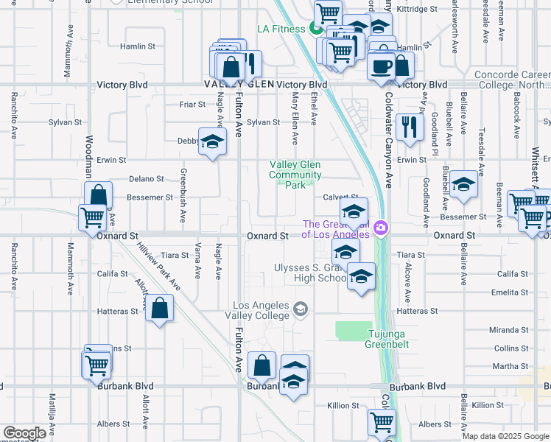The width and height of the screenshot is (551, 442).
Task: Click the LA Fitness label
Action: pyautogui.click(x=281, y=29)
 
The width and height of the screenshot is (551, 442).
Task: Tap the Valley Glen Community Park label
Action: pyautogui.click(x=295, y=175)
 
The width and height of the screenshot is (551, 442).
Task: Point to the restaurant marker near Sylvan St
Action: pyautogui.click(x=409, y=127)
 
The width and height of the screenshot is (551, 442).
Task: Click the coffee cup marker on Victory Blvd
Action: pyautogui.click(x=381, y=66)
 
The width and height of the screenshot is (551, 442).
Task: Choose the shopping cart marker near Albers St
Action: pyautogui.click(x=382, y=422)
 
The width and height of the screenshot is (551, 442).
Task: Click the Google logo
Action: pyautogui.click(x=24, y=433)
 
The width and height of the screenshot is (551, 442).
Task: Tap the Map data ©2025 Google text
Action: pyautogui.click(x=505, y=436)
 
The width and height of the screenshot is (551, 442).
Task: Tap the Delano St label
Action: pyautogui.click(x=146, y=179)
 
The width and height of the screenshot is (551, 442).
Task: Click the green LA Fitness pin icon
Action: pyautogui.click(x=315, y=29)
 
